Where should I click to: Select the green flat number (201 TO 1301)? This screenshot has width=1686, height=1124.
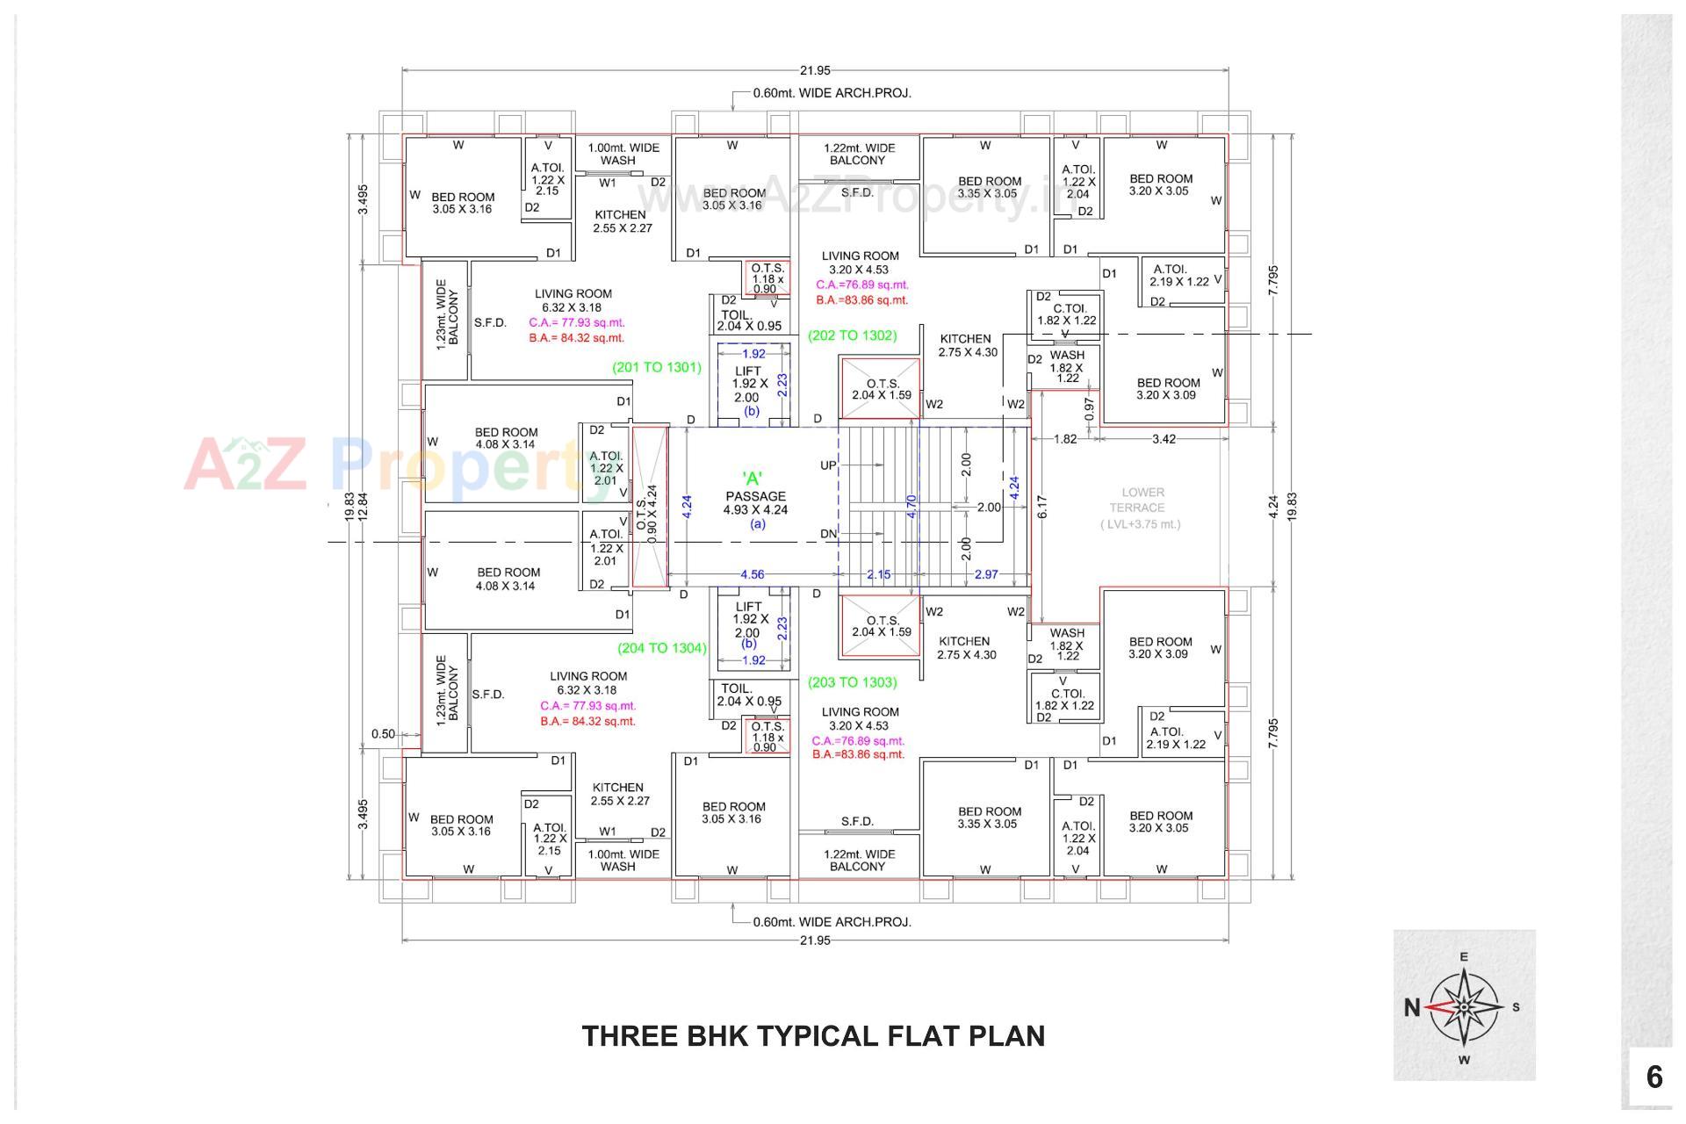(656, 368)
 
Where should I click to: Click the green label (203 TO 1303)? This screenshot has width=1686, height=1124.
(852, 682)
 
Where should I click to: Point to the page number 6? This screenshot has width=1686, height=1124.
(1654, 1077)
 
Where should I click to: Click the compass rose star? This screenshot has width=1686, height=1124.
(1464, 1006)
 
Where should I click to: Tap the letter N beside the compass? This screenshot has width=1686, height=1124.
(1411, 1007)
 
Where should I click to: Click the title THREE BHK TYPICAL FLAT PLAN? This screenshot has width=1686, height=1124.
(813, 1036)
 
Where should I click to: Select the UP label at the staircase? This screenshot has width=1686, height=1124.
(828, 465)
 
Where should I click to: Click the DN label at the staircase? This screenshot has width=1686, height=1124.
(828, 534)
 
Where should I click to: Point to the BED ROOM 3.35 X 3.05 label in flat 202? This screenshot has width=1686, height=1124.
(989, 187)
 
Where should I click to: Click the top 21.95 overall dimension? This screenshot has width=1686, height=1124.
(815, 71)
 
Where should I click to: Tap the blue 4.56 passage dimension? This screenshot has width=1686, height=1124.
(752, 574)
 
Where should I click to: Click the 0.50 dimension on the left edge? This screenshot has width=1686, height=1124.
(383, 734)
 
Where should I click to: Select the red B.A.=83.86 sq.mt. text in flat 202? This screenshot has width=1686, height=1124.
(861, 300)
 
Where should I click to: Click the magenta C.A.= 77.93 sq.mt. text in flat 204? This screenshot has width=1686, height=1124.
(587, 706)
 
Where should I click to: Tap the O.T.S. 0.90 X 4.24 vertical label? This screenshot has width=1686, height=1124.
(646, 514)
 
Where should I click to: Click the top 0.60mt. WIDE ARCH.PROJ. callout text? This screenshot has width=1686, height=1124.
(832, 93)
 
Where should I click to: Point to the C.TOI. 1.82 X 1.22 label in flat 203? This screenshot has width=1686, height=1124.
(1065, 699)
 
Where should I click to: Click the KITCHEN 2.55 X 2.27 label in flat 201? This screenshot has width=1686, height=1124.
(621, 221)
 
